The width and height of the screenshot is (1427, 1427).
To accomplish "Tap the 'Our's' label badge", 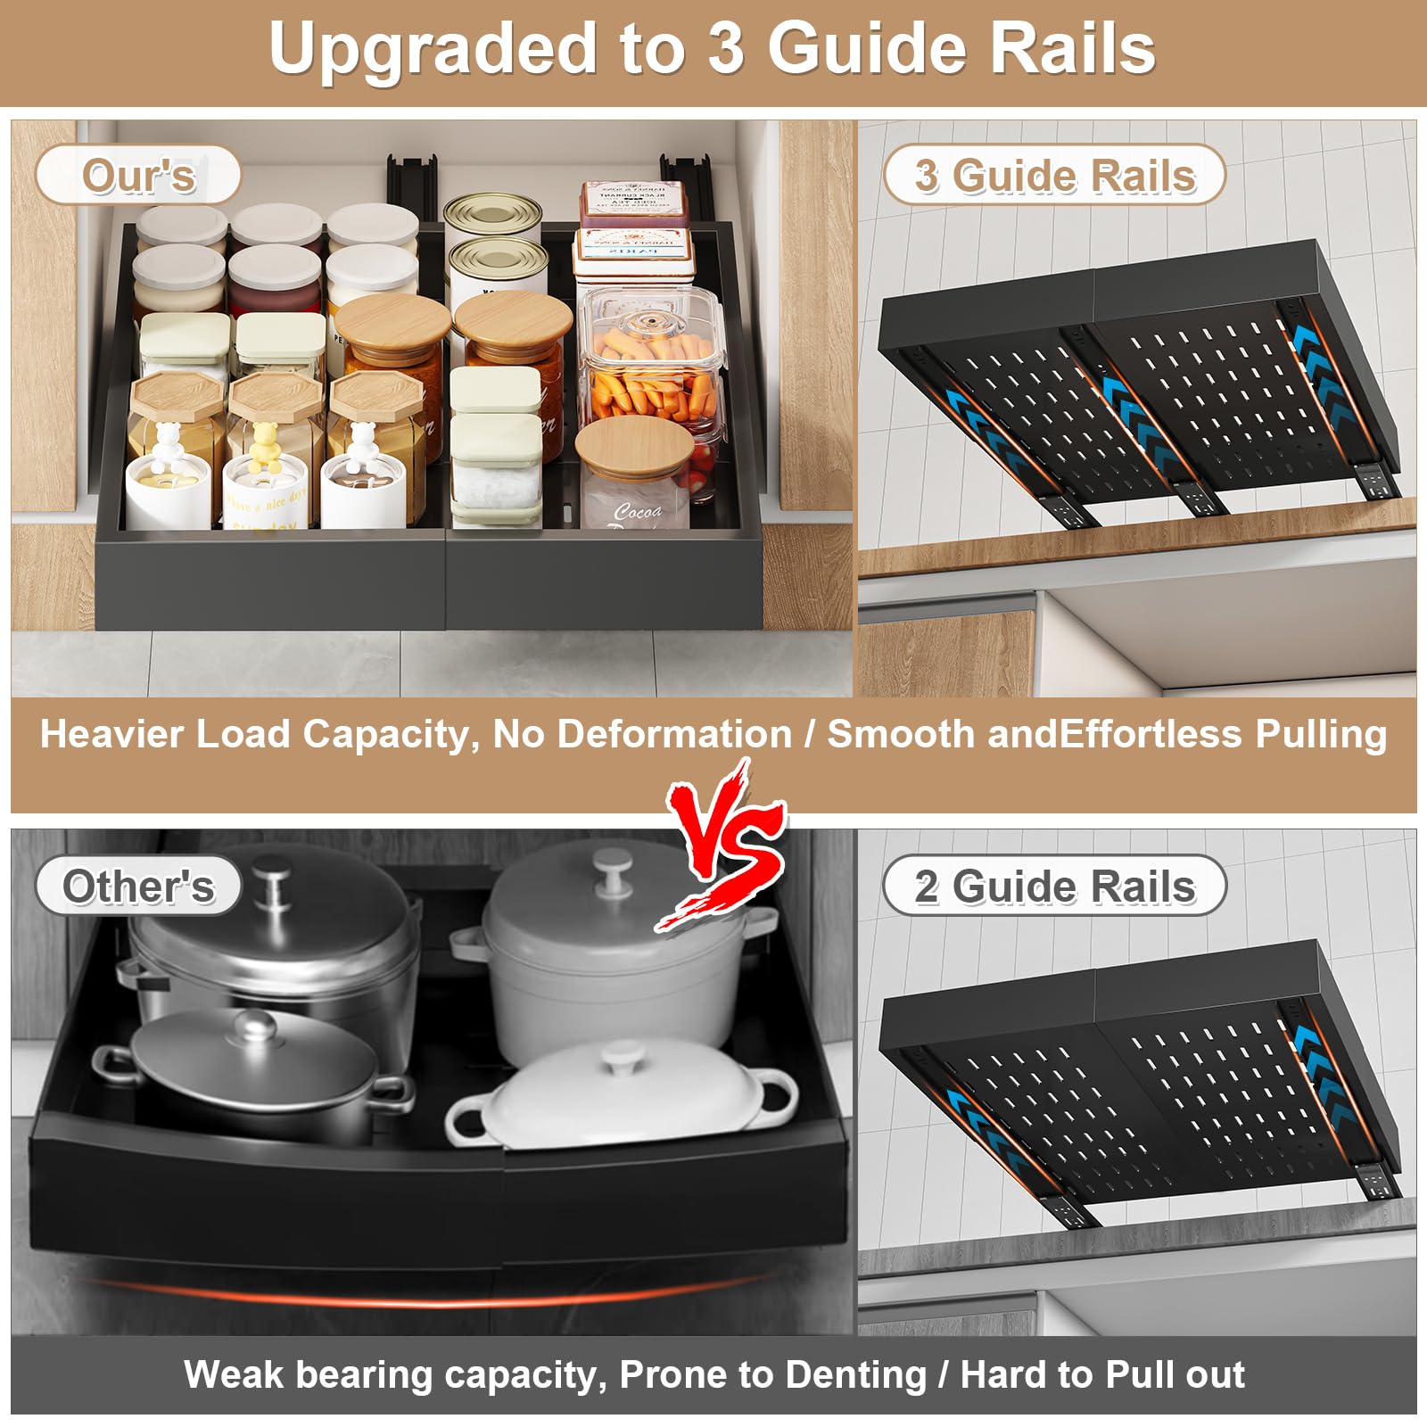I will coord(138,175).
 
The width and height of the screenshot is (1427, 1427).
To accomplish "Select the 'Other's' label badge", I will coord(138,886).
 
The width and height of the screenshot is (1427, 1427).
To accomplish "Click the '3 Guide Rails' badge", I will coord(1054,175).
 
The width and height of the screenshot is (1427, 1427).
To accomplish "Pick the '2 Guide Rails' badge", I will coord(1054,886).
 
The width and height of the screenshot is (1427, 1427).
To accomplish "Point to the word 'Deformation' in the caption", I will coord(674,734).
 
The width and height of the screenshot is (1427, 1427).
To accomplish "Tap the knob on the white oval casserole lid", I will coord(617,1060).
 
